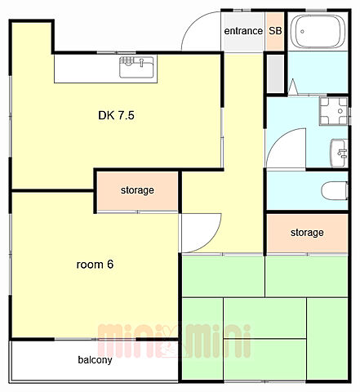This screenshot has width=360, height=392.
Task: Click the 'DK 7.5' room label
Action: tap(116, 115)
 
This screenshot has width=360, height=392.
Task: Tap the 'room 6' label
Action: tap(95, 265)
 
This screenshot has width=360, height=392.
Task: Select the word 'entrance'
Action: tap(243, 31)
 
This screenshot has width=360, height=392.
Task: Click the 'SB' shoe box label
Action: tap(275, 31)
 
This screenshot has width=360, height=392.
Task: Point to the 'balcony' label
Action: tap(95, 360)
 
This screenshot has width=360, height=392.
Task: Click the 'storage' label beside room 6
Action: tap(137, 190)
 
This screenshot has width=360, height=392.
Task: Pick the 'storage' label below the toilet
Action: tap(307, 233)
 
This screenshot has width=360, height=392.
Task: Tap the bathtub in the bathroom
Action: tap(318, 32)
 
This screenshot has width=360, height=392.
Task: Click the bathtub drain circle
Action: tap(302, 32)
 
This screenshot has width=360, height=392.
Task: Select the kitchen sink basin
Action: tap(136, 67)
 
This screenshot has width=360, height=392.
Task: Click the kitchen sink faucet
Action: tap(141, 62)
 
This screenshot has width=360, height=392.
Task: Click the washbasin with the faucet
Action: tap(339, 153)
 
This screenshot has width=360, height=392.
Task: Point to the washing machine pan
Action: tap(334, 111)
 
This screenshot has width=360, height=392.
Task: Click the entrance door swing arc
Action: tap(190, 23)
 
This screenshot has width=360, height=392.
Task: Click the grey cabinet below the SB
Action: tap(275, 73)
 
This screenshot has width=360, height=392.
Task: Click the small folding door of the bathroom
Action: tap(293, 87)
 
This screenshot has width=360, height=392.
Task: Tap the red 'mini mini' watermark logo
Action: tap(174, 341)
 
